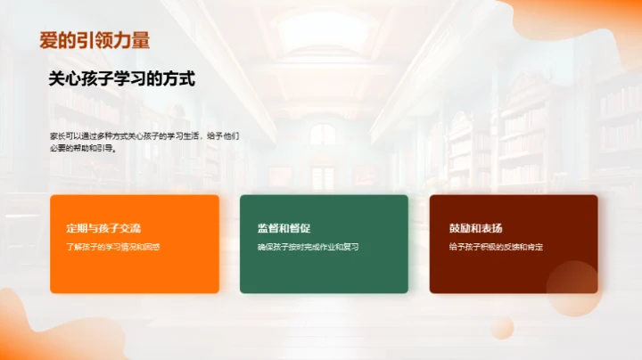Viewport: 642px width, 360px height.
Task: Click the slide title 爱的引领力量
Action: [x=95, y=40]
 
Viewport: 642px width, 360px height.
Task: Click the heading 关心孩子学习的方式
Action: [x=121, y=79]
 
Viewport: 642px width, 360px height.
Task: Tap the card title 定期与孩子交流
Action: [x=103, y=228]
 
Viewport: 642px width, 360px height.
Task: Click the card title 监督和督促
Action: [x=284, y=228]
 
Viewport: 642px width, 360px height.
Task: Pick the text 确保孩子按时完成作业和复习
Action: [x=308, y=246]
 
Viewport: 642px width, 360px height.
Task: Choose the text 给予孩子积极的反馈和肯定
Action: [x=496, y=246]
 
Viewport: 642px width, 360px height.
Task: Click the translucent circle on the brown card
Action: [x=572, y=285]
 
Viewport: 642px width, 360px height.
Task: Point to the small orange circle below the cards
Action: [x=501, y=328]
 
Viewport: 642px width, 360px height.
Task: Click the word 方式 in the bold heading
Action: [x=178, y=79]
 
